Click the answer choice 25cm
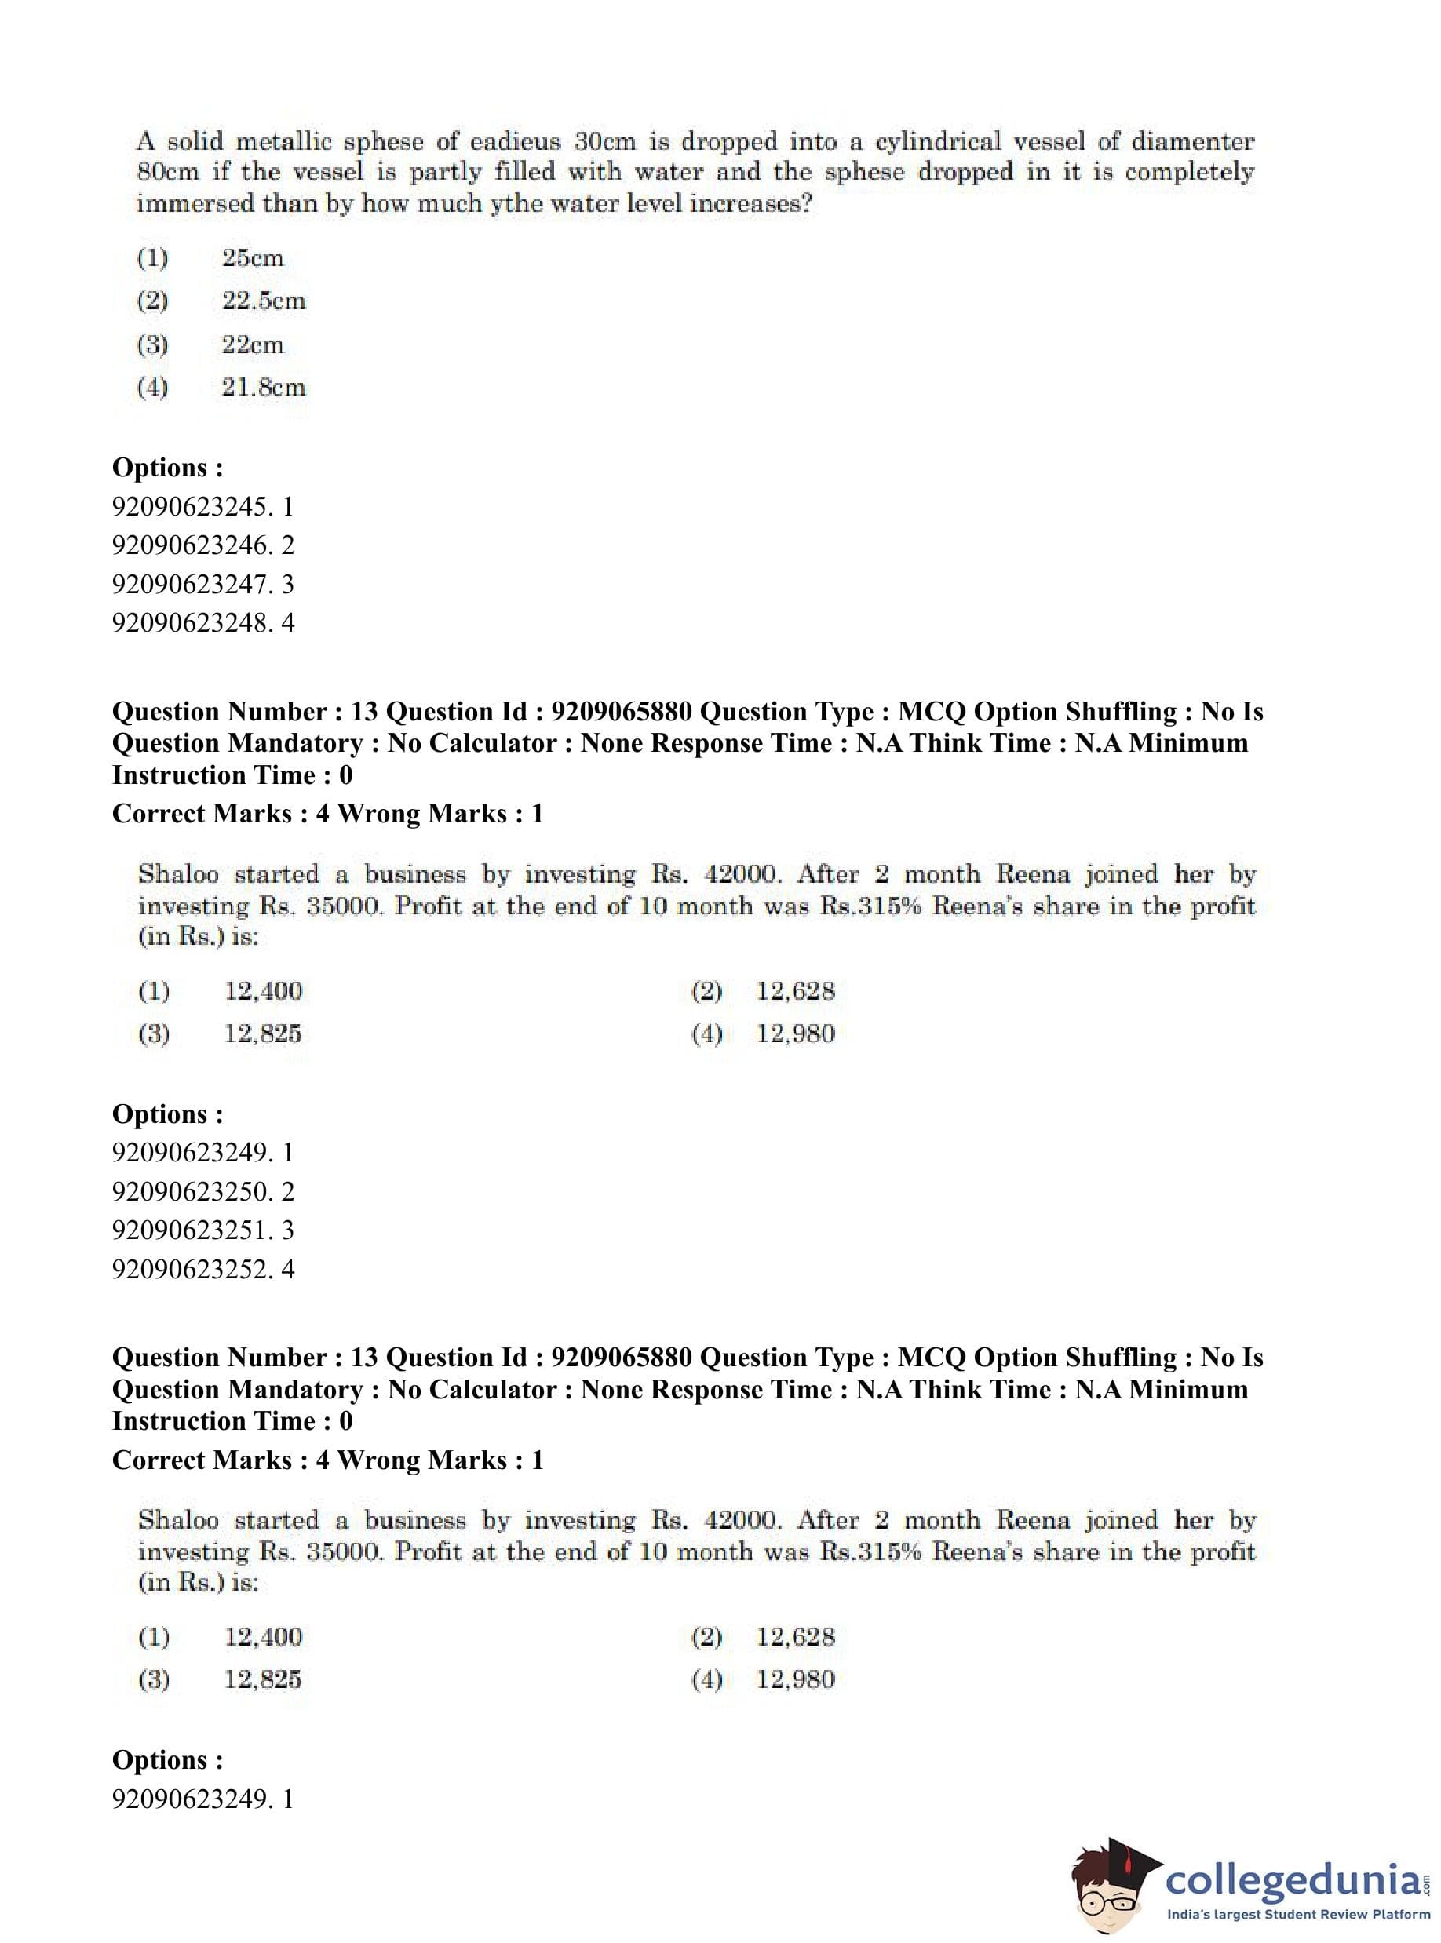[252, 258]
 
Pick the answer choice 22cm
[252, 344]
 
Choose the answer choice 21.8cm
[263, 387]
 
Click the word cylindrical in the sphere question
[950, 142]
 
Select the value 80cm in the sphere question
[167, 172]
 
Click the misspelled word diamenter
[1193, 141]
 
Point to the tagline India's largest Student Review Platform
[1298, 1914]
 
